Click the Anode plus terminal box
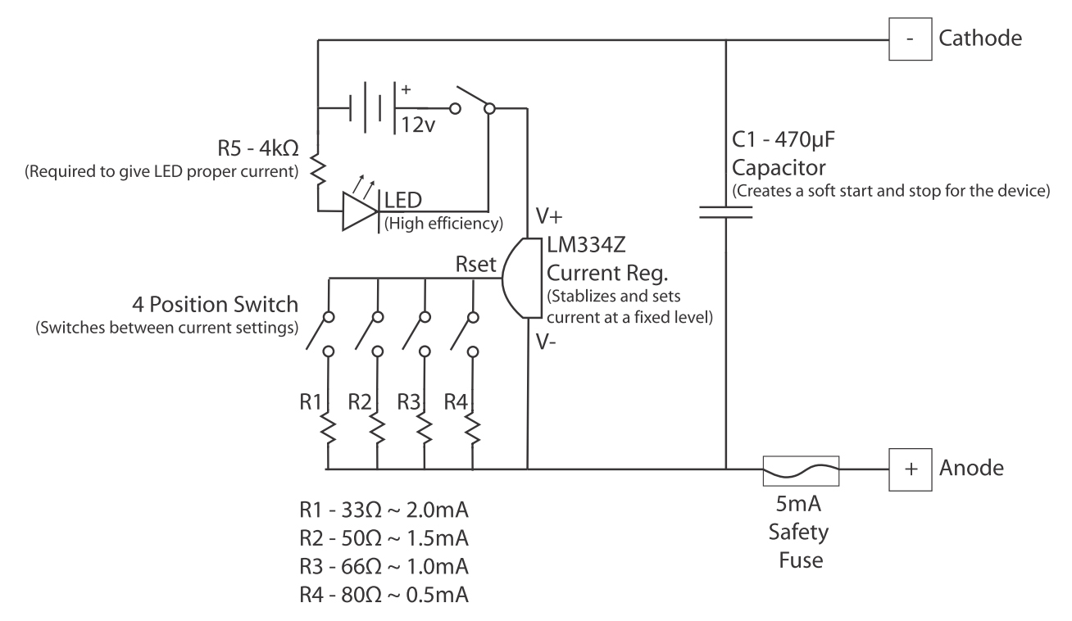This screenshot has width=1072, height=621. click(x=911, y=469)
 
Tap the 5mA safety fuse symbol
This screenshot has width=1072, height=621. click(x=800, y=469)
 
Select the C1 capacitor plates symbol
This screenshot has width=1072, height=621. click(x=726, y=213)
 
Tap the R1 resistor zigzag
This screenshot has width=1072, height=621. click(x=328, y=429)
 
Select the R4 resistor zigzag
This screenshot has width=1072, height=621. click(x=473, y=429)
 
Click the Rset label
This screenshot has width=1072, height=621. click(x=475, y=267)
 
